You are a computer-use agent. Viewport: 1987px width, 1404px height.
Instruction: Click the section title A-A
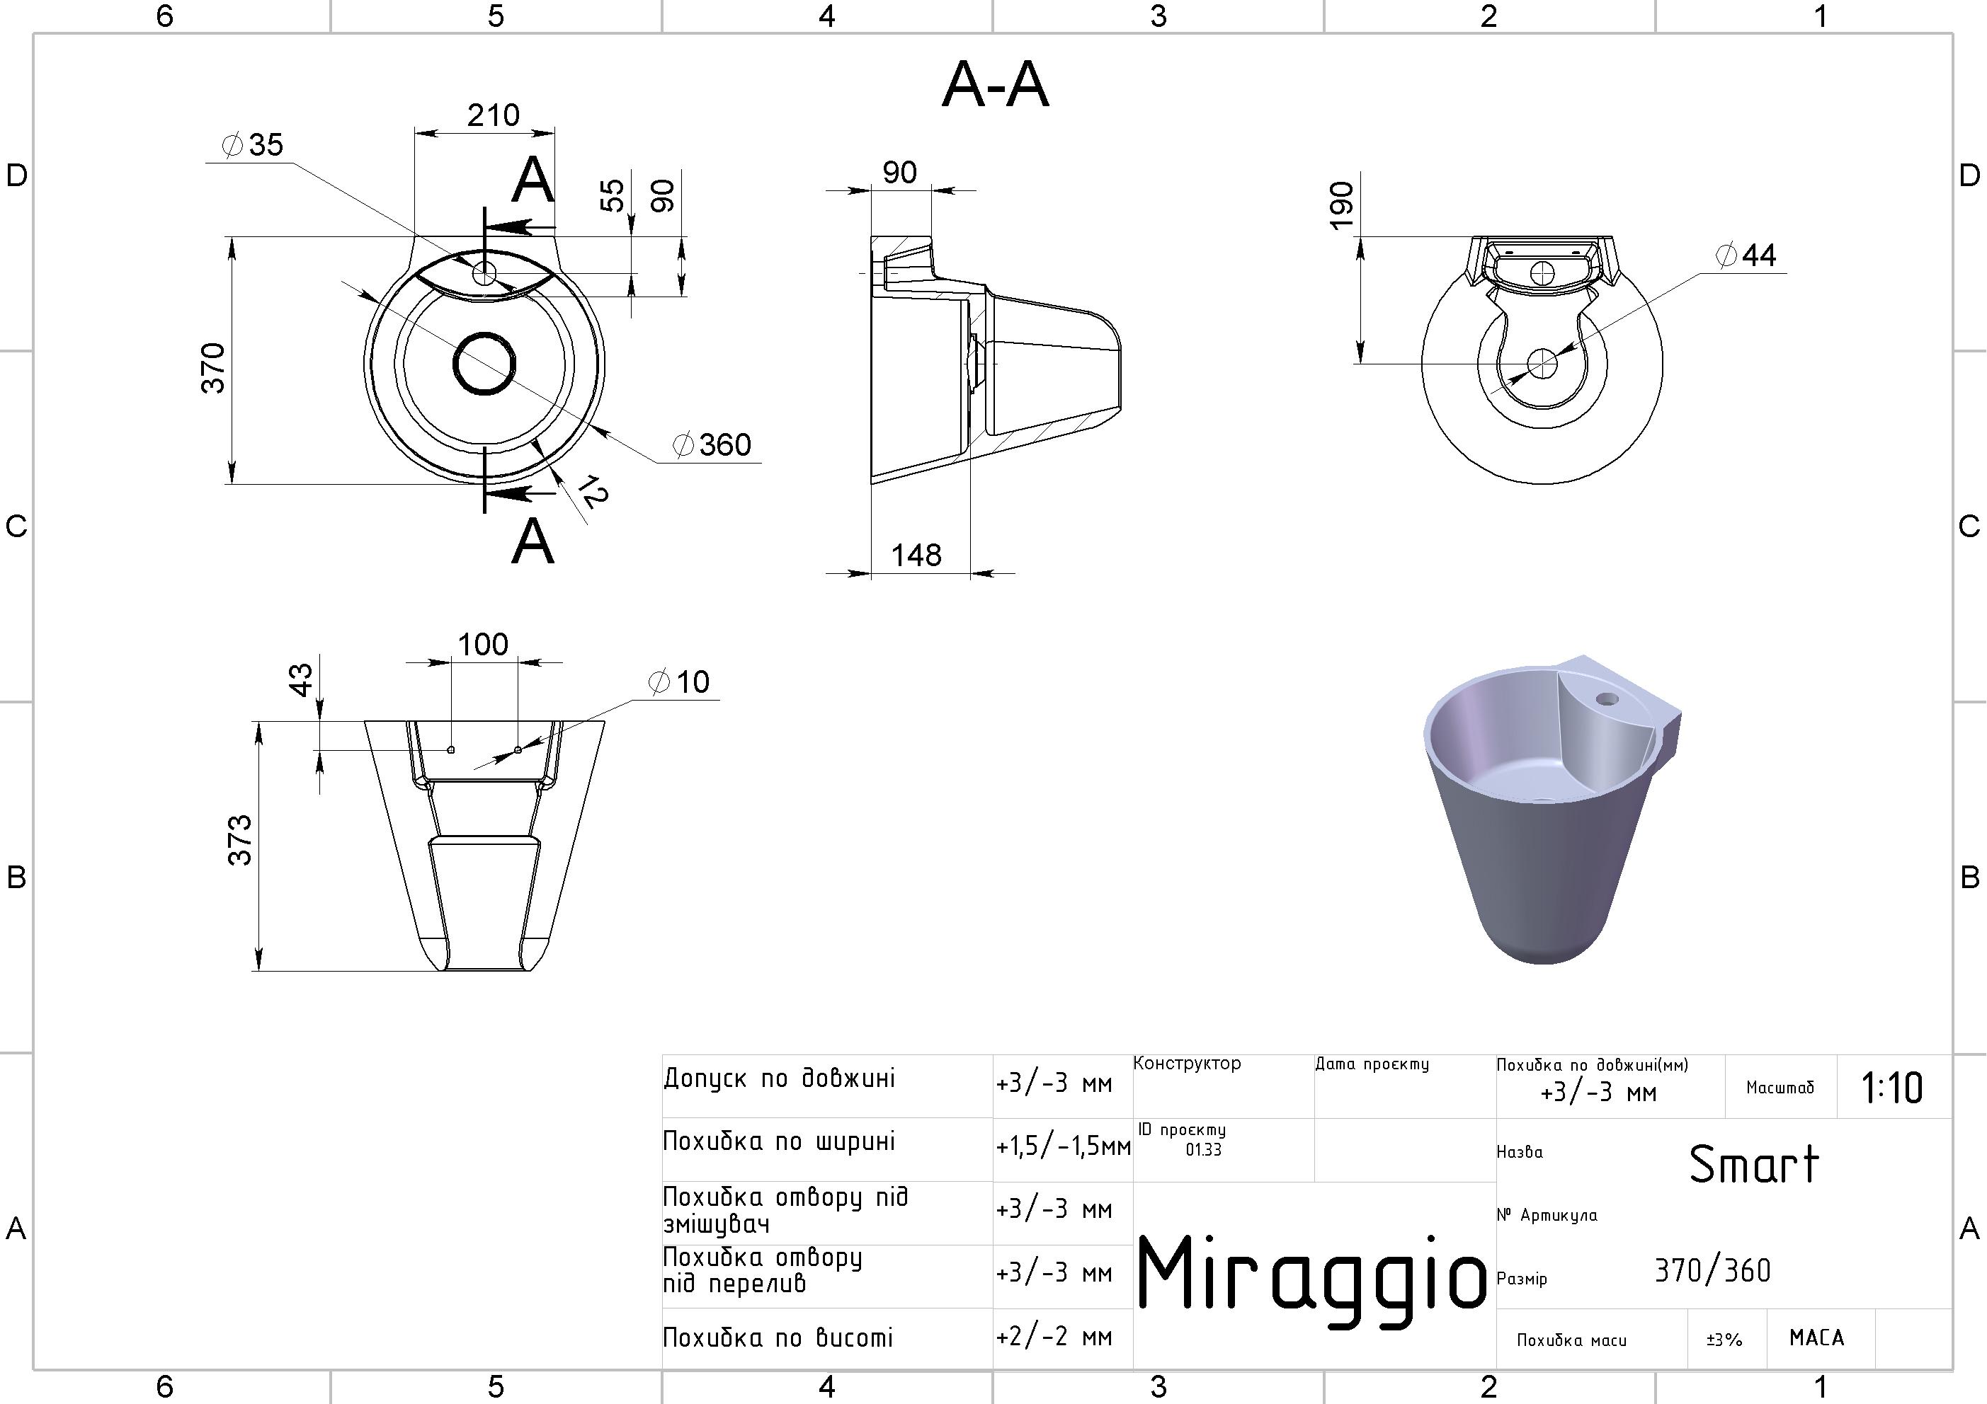point(995,86)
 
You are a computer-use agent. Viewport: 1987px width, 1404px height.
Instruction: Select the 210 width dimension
point(494,115)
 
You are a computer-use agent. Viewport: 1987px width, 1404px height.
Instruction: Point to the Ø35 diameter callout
point(254,144)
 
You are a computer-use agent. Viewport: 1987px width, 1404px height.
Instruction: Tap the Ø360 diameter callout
point(713,444)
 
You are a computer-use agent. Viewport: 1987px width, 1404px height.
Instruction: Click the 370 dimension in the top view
point(213,369)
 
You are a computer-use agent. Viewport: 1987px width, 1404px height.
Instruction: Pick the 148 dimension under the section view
point(916,555)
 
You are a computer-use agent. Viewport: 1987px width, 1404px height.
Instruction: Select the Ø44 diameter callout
point(1746,255)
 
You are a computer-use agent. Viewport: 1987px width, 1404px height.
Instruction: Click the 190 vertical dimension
point(1340,206)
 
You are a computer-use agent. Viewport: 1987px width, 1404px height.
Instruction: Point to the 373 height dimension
point(240,840)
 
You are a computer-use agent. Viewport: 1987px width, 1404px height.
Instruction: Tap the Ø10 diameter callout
point(681,681)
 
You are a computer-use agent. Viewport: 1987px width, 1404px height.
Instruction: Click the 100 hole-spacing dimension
point(483,645)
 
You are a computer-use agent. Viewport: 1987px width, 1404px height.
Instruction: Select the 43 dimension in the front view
point(300,679)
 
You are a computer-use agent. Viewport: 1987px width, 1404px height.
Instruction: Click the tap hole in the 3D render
point(1607,698)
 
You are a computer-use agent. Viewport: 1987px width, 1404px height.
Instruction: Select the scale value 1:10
point(1892,1088)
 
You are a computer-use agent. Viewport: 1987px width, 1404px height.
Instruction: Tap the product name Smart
point(1753,1164)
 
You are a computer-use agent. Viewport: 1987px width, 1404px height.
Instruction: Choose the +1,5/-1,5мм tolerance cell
point(1062,1147)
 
